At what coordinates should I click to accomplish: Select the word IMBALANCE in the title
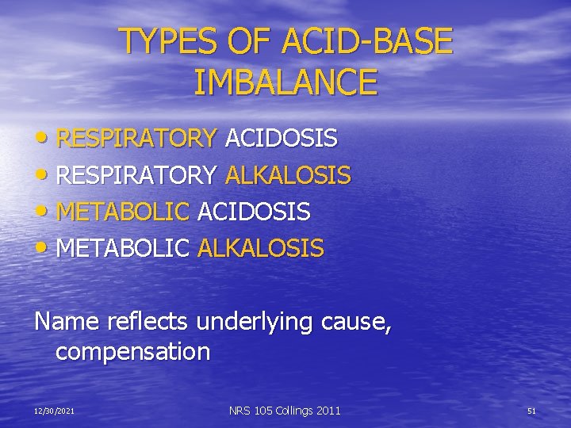coord(285,82)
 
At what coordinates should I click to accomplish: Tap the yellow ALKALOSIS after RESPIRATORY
coord(288,175)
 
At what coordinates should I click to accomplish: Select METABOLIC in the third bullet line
coord(123,212)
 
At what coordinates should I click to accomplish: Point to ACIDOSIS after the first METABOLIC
coord(254,212)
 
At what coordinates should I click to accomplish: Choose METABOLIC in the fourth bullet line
coord(123,248)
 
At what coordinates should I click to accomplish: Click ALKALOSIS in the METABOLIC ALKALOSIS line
coord(261,248)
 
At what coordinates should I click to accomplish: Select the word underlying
coord(255,323)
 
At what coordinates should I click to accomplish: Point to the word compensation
coord(132,351)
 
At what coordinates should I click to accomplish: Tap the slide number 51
coord(531,411)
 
